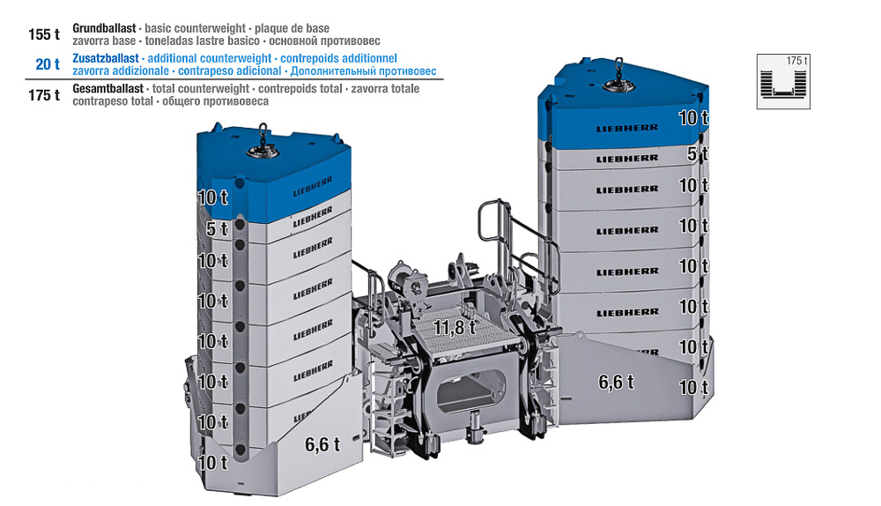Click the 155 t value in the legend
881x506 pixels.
(44, 34)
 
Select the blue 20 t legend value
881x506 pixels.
(48, 64)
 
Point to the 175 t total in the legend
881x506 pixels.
(44, 95)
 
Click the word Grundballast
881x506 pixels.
(104, 28)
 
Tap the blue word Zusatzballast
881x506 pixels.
(106, 58)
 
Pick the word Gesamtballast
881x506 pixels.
(107, 89)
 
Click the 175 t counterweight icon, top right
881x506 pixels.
(783, 81)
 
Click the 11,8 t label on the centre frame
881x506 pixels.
(455, 327)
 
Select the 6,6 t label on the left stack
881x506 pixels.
(322, 444)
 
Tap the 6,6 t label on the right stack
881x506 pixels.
(616, 383)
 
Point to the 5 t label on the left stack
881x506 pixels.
(217, 229)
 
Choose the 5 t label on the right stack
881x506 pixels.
(697, 153)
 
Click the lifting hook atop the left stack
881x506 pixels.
(263, 144)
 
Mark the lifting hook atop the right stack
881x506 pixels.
(618, 77)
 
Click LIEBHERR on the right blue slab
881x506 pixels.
(627, 128)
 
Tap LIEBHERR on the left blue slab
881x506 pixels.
(313, 186)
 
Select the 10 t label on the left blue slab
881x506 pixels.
(213, 197)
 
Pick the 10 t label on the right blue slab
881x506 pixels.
(693, 117)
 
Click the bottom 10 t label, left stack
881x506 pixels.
(213, 463)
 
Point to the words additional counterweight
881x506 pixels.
(210, 58)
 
